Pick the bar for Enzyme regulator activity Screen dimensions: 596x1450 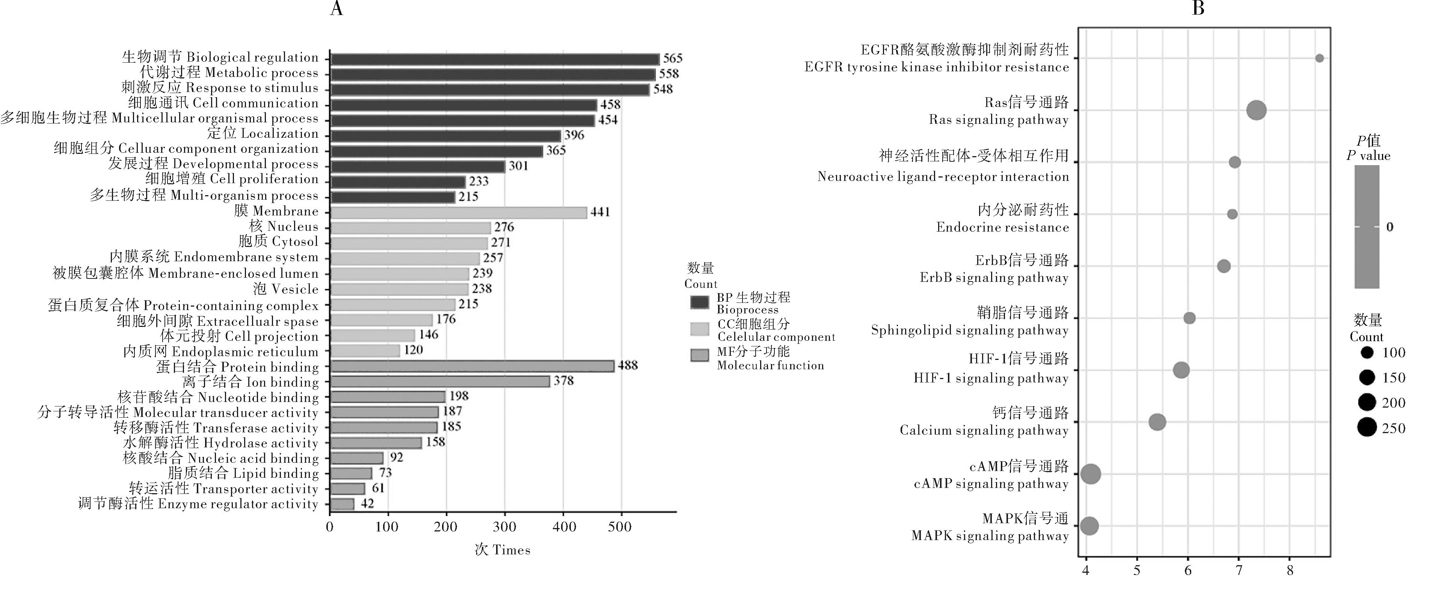click(342, 504)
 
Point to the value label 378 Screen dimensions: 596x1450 click(563, 381)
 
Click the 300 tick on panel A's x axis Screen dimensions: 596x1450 click(504, 527)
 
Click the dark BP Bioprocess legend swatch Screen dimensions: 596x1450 click(700, 302)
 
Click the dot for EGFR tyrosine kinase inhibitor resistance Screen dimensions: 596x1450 click(1319, 58)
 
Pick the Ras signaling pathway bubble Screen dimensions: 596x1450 click(1256, 110)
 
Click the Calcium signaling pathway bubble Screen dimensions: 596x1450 click(1157, 422)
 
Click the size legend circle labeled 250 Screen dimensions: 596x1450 click(1367, 428)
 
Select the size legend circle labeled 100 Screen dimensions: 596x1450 click(1367, 353)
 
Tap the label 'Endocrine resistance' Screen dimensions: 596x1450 click(1002, 227)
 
